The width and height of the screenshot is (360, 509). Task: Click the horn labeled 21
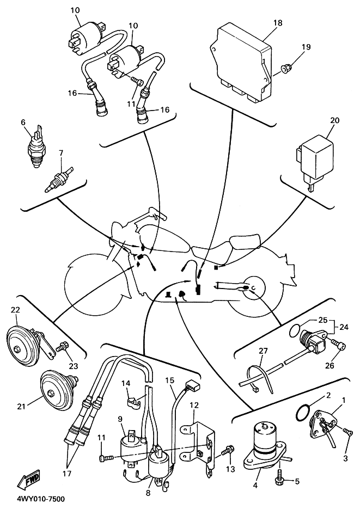54,389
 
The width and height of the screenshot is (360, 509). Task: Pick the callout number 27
264,351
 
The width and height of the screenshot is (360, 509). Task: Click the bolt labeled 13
229,451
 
